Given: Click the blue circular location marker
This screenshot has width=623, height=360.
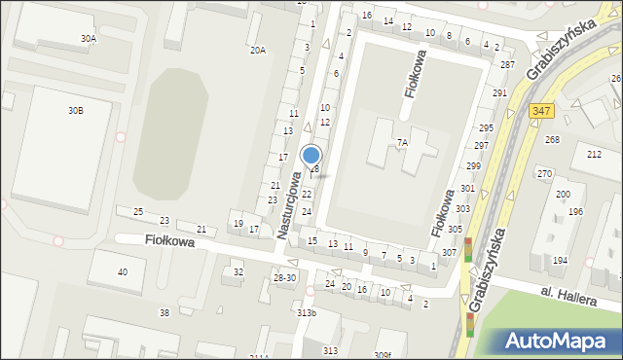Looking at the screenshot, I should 311,156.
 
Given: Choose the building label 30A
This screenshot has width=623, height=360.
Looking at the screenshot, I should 89,39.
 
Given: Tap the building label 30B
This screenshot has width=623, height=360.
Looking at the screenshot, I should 75,111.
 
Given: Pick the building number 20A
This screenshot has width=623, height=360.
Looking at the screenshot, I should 257,50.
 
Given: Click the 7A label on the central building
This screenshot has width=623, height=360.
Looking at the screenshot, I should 401,142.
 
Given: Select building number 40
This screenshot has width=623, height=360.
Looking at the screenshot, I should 122,271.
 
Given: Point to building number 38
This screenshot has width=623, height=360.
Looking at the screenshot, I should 164,312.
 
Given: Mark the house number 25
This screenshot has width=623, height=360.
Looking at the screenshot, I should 138,211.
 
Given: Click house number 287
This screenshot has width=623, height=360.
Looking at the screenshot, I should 507,64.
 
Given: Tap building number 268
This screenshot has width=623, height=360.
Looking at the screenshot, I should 552,139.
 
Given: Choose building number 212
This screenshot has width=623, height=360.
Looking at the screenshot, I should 594,155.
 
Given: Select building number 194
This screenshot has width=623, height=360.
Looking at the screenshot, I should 560,261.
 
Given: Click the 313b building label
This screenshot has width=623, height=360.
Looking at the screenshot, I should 307,312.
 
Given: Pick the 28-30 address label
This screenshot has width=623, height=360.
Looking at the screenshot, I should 284,278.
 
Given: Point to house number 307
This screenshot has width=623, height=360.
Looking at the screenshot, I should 449,253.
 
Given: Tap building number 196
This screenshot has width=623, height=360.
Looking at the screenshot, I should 575,211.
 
